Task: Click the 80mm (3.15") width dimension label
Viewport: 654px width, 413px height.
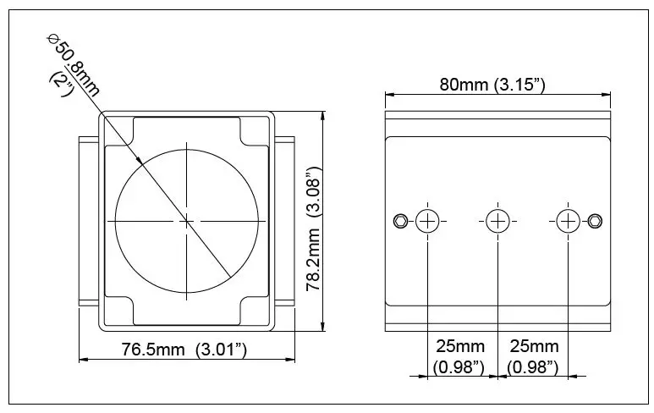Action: pos(491,85)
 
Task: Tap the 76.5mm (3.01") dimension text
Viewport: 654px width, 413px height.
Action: pos(184,350)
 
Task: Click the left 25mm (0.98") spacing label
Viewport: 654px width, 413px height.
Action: pos(459,355)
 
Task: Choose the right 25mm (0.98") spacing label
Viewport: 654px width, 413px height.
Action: pos(533,355)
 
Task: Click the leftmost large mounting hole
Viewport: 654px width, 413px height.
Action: pos(428,221)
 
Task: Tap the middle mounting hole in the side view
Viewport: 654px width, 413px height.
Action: pos(497,221)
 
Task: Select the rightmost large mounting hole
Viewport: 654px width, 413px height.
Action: pos(567,221)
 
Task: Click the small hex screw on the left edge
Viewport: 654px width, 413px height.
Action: pos(399,221)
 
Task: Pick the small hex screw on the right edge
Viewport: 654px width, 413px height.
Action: pos(596,221)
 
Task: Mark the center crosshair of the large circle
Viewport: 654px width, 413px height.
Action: pos(187,221)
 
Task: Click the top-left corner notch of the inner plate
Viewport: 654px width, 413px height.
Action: pos(120,131)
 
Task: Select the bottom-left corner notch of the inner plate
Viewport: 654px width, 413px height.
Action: pos(120,311)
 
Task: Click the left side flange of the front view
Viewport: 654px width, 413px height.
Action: pos(88,221)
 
